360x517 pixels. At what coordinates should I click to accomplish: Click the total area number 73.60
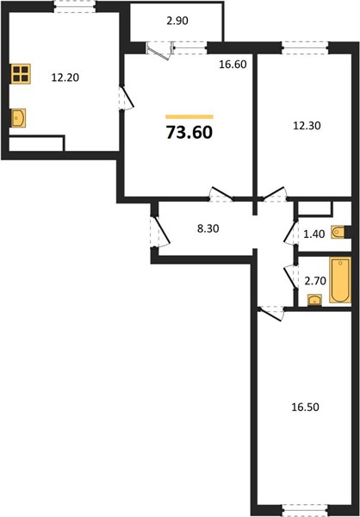(x=189, y=132)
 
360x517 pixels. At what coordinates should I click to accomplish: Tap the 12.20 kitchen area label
(x=65, y=78)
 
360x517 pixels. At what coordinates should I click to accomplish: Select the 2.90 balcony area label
(x=177, y=21)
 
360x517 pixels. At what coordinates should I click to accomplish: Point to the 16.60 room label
(x=233, y=65)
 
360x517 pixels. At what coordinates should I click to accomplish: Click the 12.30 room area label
(x=307, y=126)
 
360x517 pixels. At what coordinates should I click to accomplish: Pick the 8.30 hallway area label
(x=208, y=228)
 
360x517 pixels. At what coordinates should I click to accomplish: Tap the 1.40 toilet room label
(x=314, y=234)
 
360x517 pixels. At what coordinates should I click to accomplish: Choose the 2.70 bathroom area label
(x=315, y=281)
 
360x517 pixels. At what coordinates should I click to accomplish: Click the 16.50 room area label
(x=305, y=408)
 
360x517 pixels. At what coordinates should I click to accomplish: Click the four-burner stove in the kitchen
(x=21, y=74)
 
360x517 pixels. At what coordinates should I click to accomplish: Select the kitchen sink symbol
(x=18, y=118)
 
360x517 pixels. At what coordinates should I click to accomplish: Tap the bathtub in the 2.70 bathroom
(x=340, y=280)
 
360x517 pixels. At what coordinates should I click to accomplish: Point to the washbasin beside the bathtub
(x=314, y=300)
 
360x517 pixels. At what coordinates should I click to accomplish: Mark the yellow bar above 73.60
(x=189, y=116)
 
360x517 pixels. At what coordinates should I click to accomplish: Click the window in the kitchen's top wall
(x=75, y=7)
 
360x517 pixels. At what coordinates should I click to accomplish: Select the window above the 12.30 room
(x=306, y=47)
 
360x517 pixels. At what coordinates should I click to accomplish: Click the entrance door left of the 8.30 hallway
(x=159, y=232)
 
